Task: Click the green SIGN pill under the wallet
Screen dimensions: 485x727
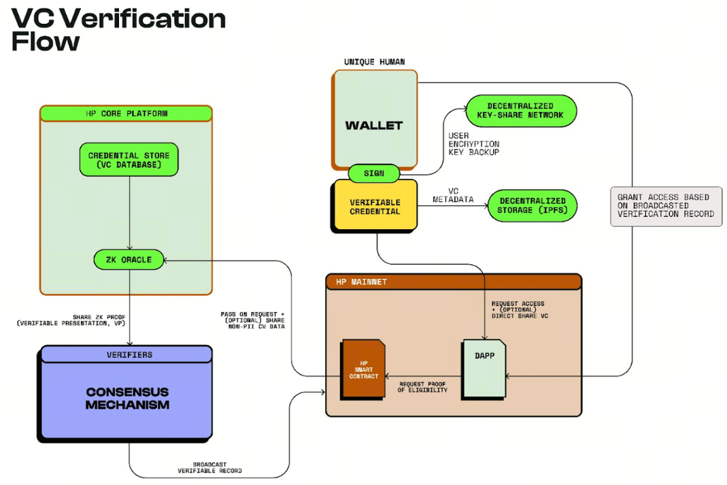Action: (373, 173)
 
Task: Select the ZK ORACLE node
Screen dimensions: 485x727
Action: (129, 259)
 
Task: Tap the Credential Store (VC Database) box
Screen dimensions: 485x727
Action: (129, 161)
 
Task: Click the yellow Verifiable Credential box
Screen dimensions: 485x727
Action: (375, 207)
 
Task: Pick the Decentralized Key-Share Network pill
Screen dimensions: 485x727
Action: (520, 110)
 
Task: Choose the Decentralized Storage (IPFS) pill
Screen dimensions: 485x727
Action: (532, 205)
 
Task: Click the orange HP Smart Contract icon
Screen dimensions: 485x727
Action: (362, 369)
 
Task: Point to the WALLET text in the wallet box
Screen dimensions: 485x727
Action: (373, 125)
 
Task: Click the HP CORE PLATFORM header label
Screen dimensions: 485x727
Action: (126, 113)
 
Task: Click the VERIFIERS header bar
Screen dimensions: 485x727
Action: (129, 354)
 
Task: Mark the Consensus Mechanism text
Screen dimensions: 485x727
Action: (127, 399)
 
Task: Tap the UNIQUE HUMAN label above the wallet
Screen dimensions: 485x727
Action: (374, 62)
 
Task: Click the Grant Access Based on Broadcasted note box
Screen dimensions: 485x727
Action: (666, 205)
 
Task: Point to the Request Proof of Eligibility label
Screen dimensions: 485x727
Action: (423, 386)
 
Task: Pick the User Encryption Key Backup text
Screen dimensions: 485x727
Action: (473, 144)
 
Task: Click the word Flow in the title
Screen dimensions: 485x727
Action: (46, 42)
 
